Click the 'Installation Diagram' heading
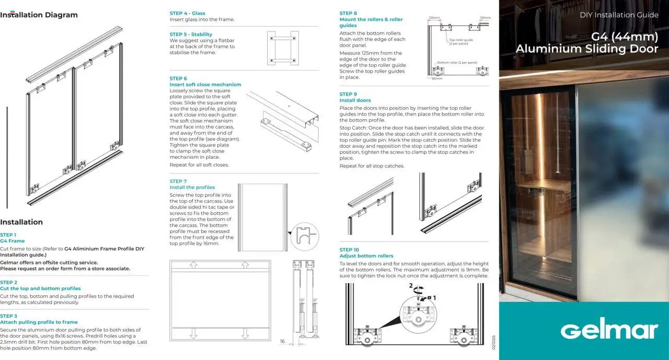click(39, 15)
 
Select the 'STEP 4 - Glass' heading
click(188, 13)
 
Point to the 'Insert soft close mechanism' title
click(205, 85)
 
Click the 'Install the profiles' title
click(192, 188)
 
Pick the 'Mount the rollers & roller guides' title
click(371, 22)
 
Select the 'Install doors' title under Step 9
click(355, 100)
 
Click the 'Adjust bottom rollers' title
click(366, 256)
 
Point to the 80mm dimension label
click(437, 78)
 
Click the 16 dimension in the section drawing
click(282, 341)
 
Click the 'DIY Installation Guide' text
click(619, 15)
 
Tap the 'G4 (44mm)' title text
click(625, 37)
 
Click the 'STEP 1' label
click(8, 235)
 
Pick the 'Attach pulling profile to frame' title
click(39, 322)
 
